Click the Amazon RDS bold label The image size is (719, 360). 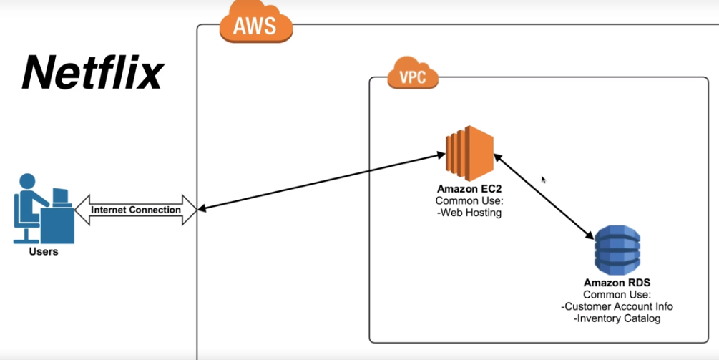[617, 284]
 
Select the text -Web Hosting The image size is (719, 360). [468, 212]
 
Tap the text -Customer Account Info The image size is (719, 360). [617, 306]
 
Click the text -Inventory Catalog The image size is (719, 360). [617, 318]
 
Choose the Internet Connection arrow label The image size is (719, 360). [136, 210]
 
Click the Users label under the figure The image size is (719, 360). [44, 252]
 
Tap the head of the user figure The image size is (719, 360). [27, 180]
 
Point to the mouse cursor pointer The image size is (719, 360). [544, 180]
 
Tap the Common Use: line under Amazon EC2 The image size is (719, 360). [468, 201]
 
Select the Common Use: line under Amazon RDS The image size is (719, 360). [617, 295]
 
